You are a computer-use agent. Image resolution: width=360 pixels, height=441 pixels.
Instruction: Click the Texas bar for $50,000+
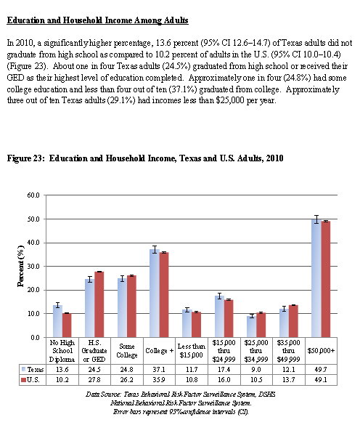[316, 278]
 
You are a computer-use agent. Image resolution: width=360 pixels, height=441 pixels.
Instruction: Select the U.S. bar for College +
[164, 295]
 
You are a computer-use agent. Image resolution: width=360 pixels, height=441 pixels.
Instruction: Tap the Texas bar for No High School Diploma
[57, 321]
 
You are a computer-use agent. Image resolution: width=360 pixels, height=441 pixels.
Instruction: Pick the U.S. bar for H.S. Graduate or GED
[99, 304]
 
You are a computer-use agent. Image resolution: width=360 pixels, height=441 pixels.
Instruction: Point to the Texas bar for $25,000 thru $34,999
[252, 326]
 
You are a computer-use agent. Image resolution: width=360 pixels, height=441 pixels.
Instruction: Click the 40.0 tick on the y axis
[33, 243]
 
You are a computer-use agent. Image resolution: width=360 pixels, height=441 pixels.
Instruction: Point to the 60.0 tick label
[33, 195]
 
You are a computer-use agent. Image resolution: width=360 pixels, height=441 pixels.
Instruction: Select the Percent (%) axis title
[20, 266]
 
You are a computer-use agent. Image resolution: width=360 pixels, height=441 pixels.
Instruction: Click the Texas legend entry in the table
[33, 369]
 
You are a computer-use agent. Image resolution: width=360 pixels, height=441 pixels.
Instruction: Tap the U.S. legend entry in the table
[30, 380]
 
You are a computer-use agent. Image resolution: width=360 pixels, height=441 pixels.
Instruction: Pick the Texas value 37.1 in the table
[159, 369]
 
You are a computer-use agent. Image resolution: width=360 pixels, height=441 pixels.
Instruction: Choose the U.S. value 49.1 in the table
[321, 380]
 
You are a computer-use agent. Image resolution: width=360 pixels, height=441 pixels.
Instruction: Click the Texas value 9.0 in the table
[255, 369]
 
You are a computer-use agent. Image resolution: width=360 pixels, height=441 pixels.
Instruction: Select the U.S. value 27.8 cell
[94, 380]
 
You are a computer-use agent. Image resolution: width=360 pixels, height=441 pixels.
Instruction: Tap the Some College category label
[127, 351]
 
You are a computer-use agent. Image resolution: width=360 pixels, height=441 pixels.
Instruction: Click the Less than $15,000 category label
[192, 351]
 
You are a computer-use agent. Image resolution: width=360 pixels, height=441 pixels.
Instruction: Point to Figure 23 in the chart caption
[25, 158]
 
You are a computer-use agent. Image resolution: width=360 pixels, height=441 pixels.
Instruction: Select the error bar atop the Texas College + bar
[155, 249]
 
